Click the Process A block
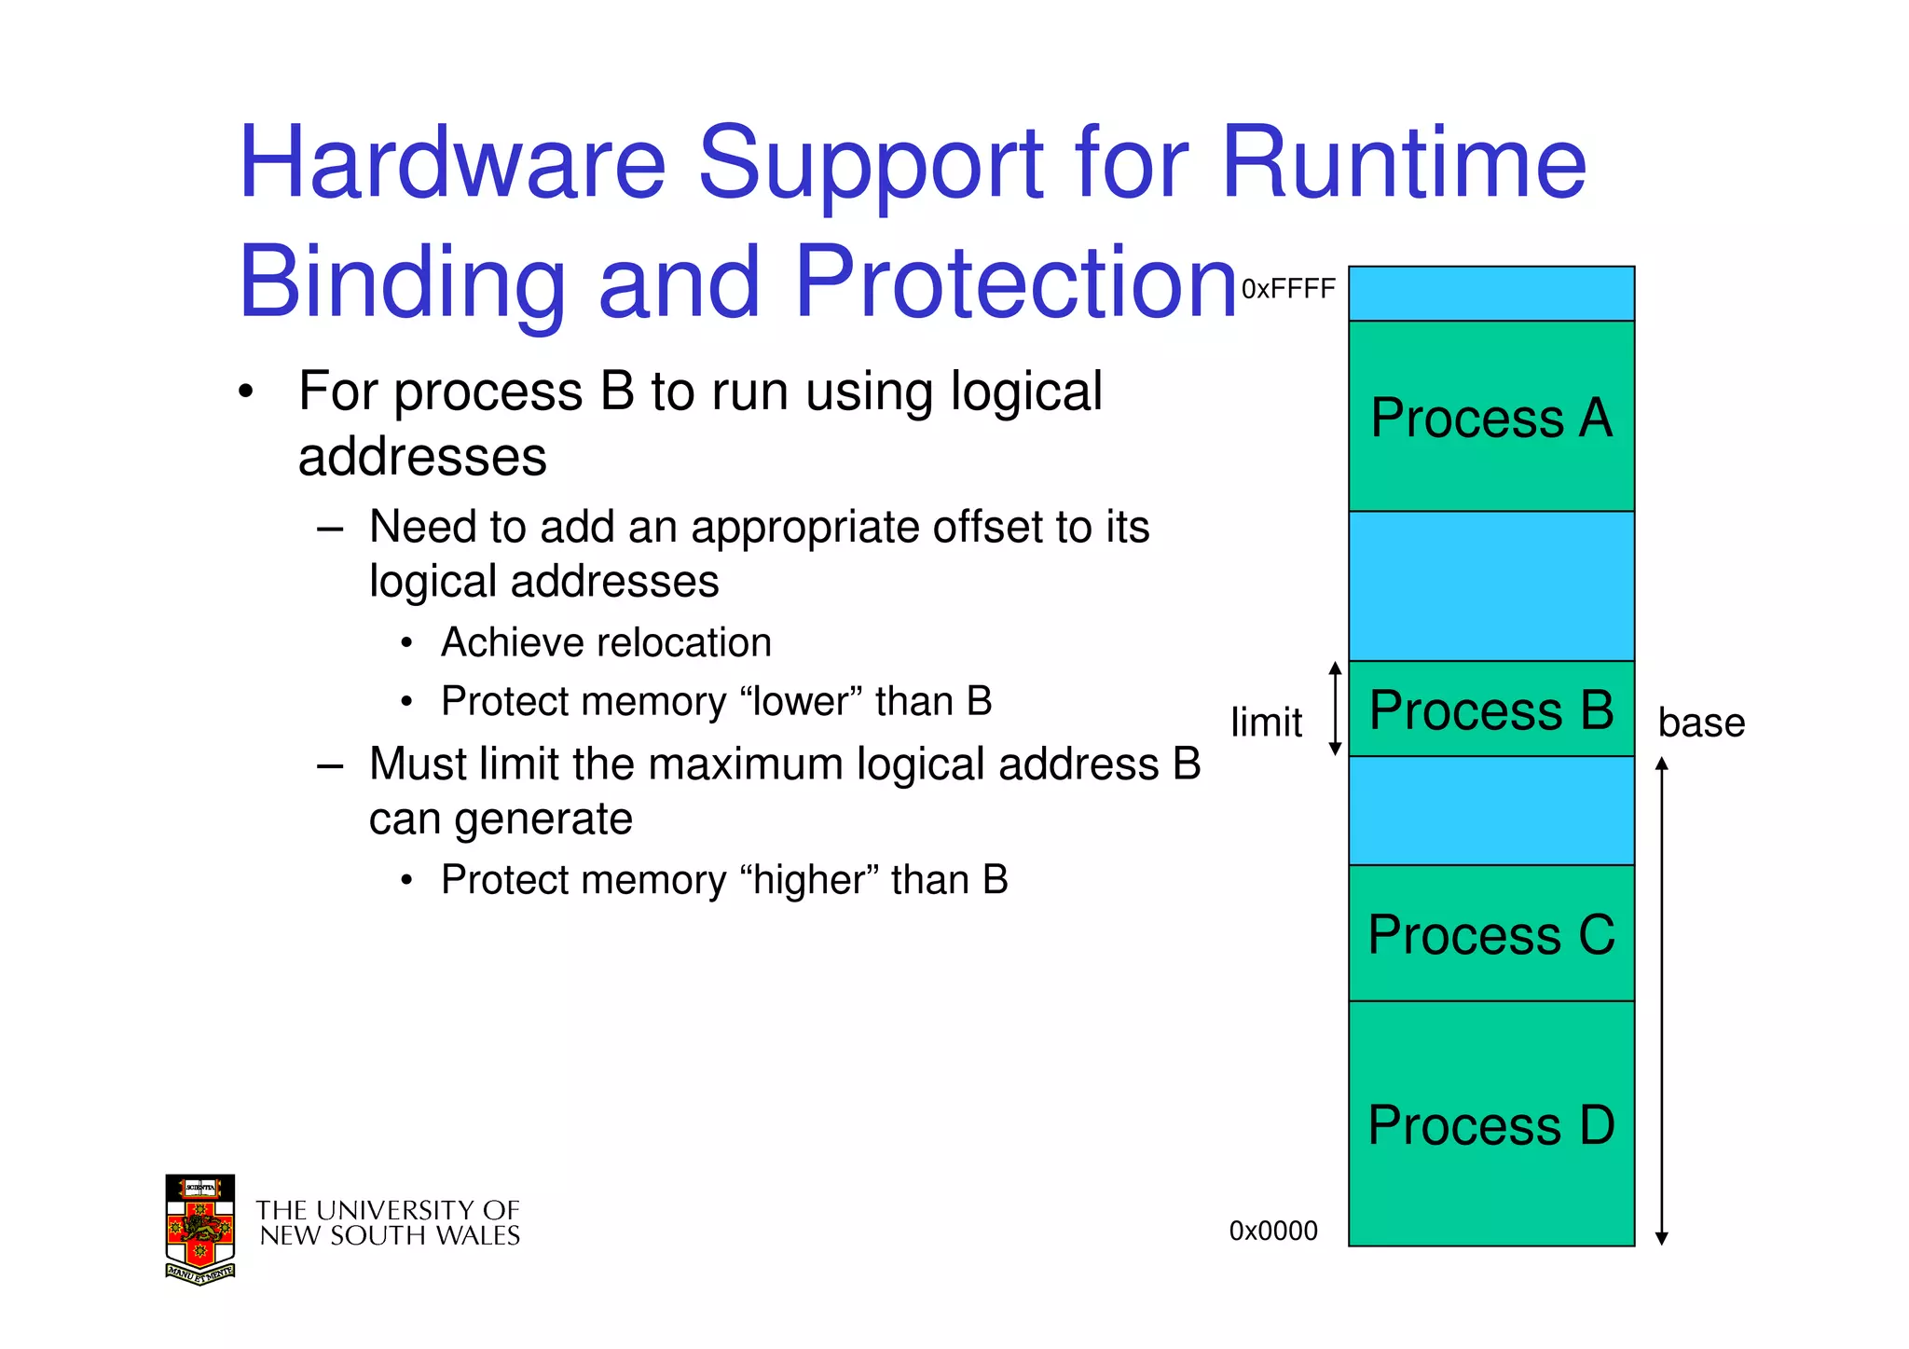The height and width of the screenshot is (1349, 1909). (1490, 417)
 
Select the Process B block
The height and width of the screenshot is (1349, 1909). (1490, 709)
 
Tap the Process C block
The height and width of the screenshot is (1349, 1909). (1490, 933)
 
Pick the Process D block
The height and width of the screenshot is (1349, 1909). (1490, 1123)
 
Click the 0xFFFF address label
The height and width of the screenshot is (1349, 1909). (1288, 289)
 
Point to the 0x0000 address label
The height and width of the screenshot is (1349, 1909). (1273, 1231)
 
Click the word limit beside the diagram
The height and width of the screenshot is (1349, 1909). (1266, 723)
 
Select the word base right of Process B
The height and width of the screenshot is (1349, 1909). (1701, 723)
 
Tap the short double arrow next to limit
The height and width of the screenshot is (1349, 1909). (1335, 709)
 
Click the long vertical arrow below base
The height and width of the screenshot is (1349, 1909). (1661, 1002)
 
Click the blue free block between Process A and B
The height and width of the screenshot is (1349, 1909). (1490, 585)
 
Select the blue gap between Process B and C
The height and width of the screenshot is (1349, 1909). (1490, 810)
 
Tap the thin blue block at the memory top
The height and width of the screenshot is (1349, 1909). (1490, 294)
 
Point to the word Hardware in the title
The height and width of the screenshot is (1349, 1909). (452, 164)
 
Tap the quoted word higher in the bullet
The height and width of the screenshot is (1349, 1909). (809, 880)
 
